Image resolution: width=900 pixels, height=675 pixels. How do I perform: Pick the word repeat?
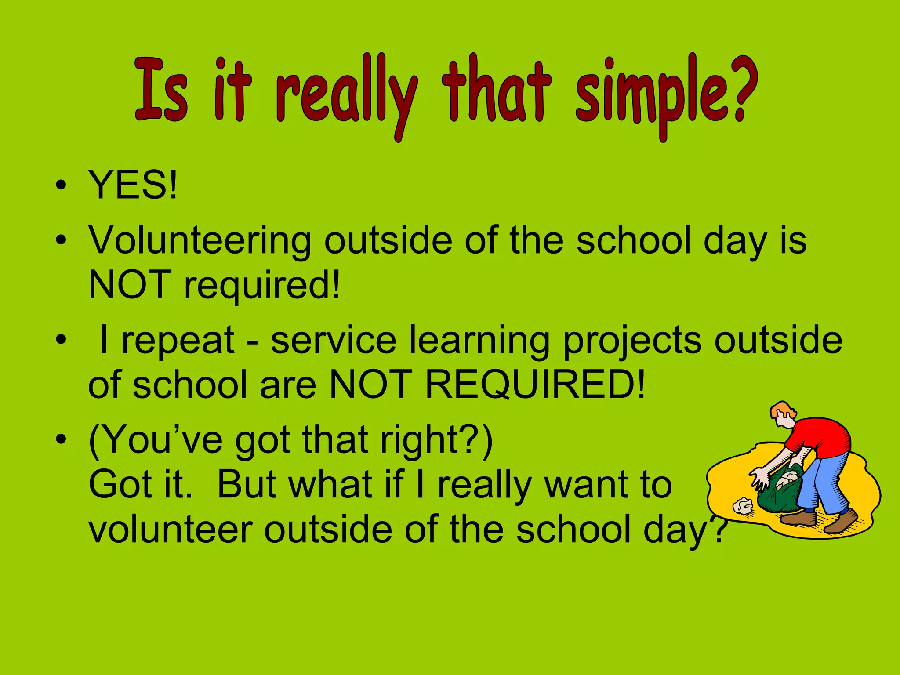[x=178, y=341]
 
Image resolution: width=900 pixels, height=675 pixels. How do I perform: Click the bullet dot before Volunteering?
[x=61, y=240]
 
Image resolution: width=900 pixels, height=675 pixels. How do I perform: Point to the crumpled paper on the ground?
[x=742, y=505]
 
